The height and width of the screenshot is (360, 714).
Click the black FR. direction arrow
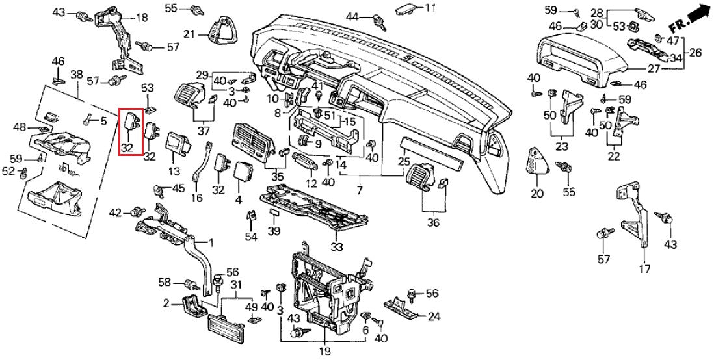[697, 14]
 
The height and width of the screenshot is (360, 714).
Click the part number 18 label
[141, 18]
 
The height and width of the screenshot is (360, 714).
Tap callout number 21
[189, 34]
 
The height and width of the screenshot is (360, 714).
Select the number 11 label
[430, 8]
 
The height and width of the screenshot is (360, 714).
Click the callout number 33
[336, 246]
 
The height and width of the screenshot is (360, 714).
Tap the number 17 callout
[645, 269]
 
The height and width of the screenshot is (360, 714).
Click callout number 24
[434, 316]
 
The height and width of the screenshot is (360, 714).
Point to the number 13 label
[174, 172]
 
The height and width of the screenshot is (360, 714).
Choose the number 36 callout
[433, 223]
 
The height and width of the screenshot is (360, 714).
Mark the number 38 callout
[77, 75]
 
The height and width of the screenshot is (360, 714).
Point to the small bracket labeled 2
[191, 304]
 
